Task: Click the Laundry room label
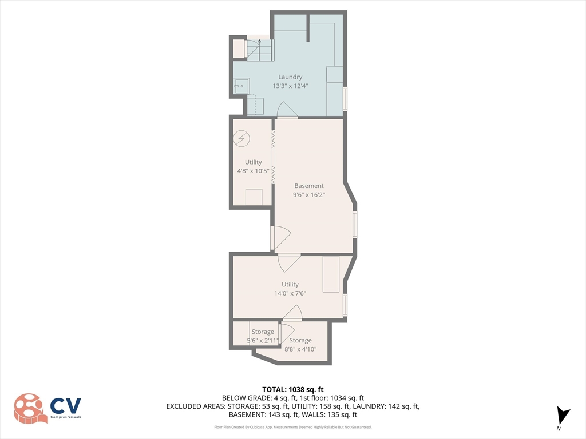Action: [290, 77]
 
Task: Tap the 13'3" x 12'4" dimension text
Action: [290, 86]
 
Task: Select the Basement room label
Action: [308, 186]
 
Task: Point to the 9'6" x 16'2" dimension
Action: [308, 194]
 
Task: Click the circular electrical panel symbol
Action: [241, 139]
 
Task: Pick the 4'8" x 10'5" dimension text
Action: [253, 171]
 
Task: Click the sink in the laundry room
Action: [242, 87]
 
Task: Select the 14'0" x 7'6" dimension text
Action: [290, 293]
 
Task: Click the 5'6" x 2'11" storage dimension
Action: [262, 341]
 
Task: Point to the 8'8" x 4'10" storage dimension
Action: [300, 349]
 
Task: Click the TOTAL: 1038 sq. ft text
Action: [292, 390]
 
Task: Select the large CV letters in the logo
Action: [66, 406]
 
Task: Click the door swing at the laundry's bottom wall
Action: [287, 109]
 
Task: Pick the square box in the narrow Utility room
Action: [254, 197]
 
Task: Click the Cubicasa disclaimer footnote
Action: [292, 427]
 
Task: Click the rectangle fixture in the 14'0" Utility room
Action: [331, 274]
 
